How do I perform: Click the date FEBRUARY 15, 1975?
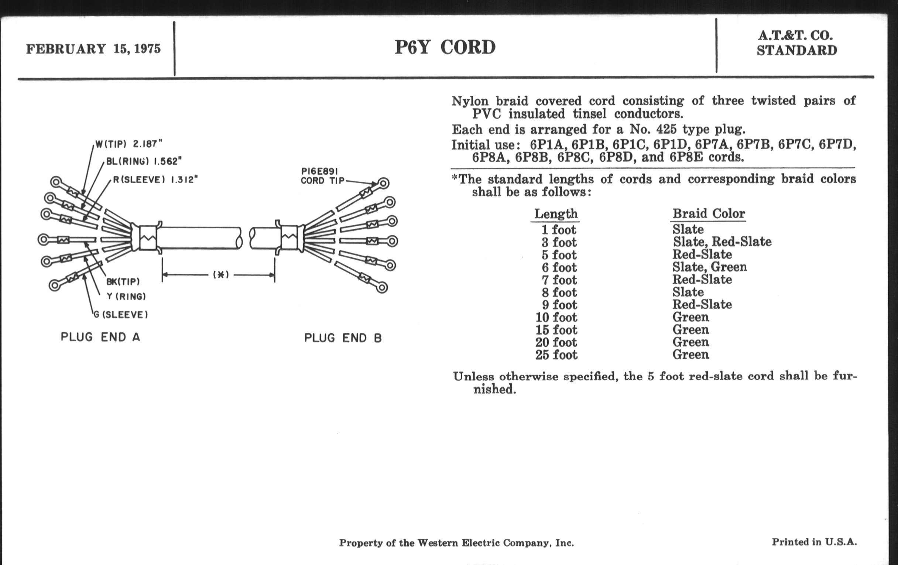[93, 49]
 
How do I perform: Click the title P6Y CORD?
[445, 47]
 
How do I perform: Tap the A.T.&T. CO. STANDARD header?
[796, 43]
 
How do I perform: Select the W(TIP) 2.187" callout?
[128, 144]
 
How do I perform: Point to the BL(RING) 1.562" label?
[144, 161]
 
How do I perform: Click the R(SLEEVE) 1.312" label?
[155, 180]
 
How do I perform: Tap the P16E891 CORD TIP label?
[322, 176]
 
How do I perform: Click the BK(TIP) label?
[123, 281]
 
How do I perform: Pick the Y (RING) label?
[126, 297]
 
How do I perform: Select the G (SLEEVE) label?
[121, 315]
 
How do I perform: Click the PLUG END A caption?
[100, 337]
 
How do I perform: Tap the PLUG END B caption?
[343, 338]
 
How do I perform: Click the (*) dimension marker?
[221, 275]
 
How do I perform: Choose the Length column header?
[556, 214]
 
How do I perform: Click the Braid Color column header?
[709, 213]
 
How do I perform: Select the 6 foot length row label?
[559, 267]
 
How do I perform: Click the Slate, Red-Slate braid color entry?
[722, 242]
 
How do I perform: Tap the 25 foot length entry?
[556, 355]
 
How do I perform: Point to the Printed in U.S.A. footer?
[815, 542]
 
